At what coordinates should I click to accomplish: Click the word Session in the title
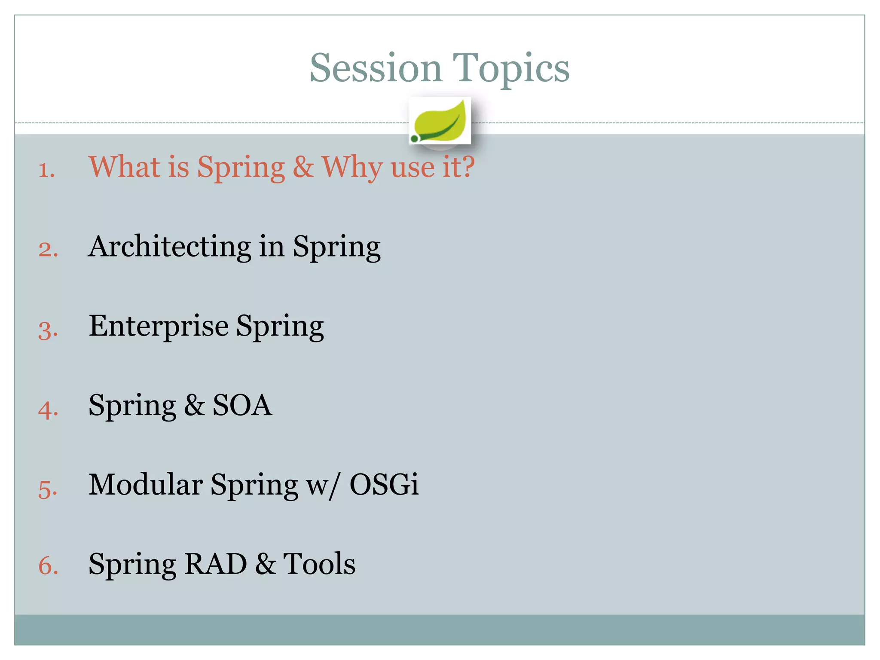376,69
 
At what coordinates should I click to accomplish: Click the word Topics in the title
511,69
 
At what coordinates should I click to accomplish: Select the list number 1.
46,170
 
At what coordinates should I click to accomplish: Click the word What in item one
124,167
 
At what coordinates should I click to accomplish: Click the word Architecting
170,247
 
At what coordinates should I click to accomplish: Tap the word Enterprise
159,327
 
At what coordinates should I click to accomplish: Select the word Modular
146,485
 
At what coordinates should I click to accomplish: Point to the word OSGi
384,485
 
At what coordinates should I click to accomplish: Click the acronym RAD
215,564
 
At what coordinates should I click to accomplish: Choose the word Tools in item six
319,564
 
